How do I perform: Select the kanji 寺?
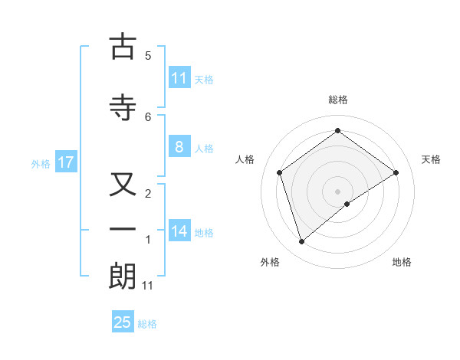pyautogui.click(x=123, y=108)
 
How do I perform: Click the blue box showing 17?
pyautogui.click(x=65, y=162)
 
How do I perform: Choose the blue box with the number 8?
pyautogui.click(x=179, y=148)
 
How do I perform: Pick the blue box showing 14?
pyautogui.click(x=179, y=232)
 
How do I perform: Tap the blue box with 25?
pyautogui.click(x=123, y=322)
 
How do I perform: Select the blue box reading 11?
pyautogui.click(x=179, y=78)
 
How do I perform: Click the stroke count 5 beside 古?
pyautogui.click(x=148, y=55)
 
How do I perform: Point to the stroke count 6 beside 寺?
pyautogui.click(x=148, y=116)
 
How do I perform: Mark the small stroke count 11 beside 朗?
pyautogui.click(x=148, y=286)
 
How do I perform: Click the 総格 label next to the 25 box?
pyautogui.click(x=147, y=324)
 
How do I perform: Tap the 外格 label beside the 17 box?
pyautogui.click(x=41, y=164)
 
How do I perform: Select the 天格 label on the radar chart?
pyautogui.click(x=432, y=159)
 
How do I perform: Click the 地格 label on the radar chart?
pyautogui.click(x=402, y=262)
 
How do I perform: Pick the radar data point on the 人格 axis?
pyautogui.click(x=280, y=172)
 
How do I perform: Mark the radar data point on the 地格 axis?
pyautogui.click(x=347, y=204)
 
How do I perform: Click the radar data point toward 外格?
pyautogui.click(x=302, y=242)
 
